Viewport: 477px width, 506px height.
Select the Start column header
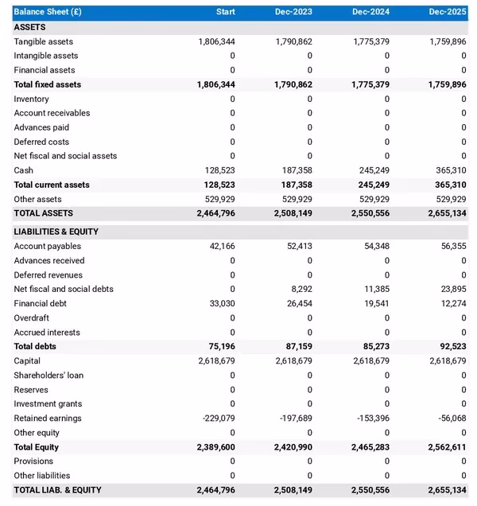[225, 12]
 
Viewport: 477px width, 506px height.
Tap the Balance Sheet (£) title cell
[48, 12]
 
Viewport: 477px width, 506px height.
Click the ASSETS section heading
[29, 27]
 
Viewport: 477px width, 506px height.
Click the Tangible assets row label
[43, 41]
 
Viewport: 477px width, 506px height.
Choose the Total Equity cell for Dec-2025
[446, 447]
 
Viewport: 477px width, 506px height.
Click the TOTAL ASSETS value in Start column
[215, 213]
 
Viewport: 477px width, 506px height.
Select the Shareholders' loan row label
[48, 376]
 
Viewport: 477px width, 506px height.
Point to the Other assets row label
[37, 199]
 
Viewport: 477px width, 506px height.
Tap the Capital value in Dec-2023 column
[294, 361]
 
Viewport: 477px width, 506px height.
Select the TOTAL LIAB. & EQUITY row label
[57, 490]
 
